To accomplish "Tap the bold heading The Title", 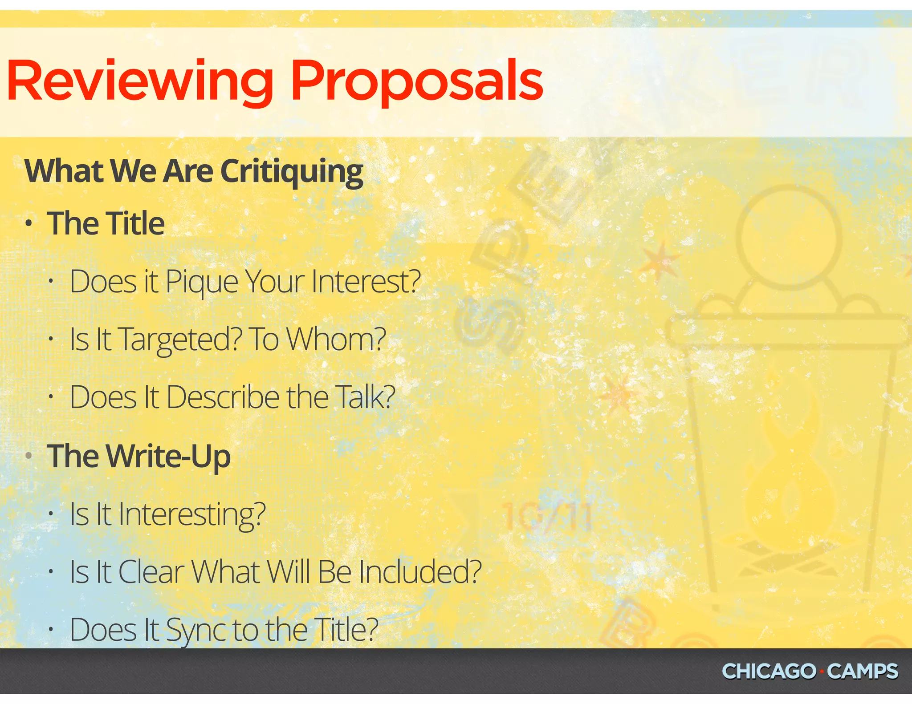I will coord(106,223).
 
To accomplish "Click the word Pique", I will coord(201,283).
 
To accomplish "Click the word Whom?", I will coord(336,340).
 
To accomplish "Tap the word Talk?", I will coord(365,397).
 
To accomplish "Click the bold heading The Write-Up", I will coord(139,457).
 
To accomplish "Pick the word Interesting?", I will coord(191,515).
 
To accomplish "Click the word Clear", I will coord(151,572).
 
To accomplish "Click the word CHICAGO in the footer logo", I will coord(769,672).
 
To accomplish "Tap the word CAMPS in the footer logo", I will coord(863,672).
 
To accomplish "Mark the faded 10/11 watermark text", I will coord(547,518).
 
